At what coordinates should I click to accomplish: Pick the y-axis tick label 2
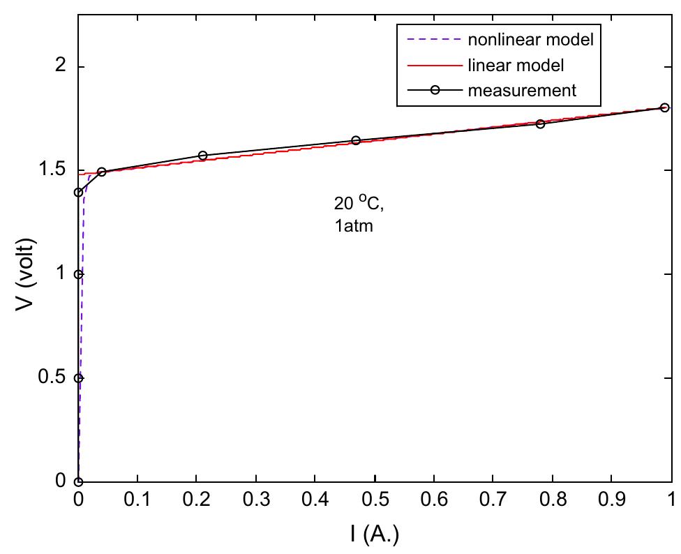pyautogui.click(x=61, y=67)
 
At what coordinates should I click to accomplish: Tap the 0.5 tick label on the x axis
pyautogui.click(x=375, y=500)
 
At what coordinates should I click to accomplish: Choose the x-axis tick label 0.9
pyautogui.click(x=612, y=500)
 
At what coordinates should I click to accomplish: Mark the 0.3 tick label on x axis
pyautogui.click(x=256, y=500)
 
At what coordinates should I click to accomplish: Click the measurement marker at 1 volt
pyautogui.click(x=79, y=274)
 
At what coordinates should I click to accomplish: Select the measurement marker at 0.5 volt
pyautogui.click(x=79, y=377)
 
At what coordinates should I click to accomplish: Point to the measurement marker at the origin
pyautogui.click(x=79, y=481)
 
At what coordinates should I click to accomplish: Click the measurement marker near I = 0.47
pyautogui.click(x=356, y=140)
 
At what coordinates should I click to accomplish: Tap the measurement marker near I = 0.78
pyautogui.click(x=540, y=123)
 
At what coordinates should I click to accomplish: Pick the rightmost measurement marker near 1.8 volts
pyautogui.click(x=664, y=107)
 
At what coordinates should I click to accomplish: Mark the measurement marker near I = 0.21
pyautogui.click(x=203, y=156)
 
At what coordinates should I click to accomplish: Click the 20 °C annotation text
pyautogui.click(x=355, y=204)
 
